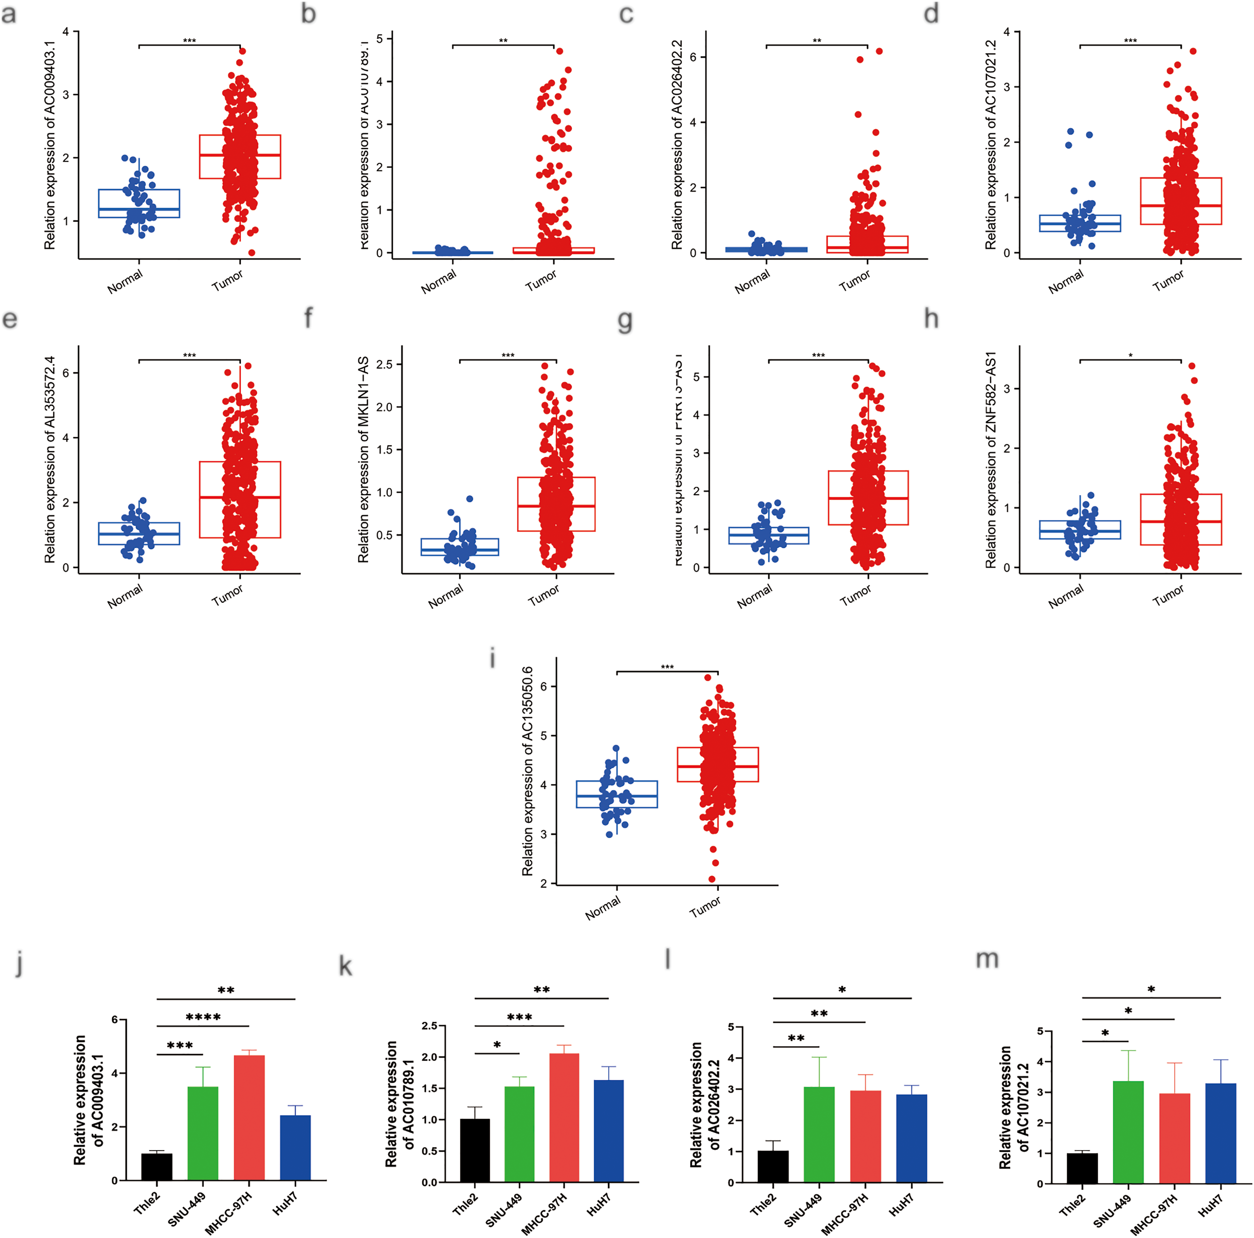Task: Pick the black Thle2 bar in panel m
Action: pyautogui.click(x=1082, y=1168)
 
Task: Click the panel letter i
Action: pyautogui.click(x=493, y=659)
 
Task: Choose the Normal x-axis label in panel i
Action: pyautogui.click(x=602, y=908)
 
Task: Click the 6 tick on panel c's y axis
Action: pyautogui.click(x=693, y=57)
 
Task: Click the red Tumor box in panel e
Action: pyautogui.click(x=240, y=499)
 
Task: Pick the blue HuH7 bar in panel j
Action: pyautogui.click(x=295, y=1147)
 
